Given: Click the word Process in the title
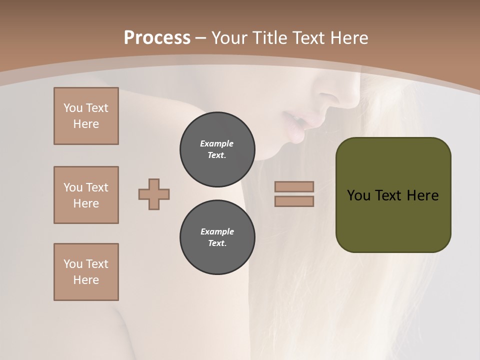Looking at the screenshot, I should click(156, 38).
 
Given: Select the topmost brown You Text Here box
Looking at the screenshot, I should click(86, 116).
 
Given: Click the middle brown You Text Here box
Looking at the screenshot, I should click(86, 195).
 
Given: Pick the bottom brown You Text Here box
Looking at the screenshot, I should click(86, 272).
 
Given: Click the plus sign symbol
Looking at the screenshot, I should click(154, 194).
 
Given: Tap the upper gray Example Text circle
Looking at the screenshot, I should click(217, 149).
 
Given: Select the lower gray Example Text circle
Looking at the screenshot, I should click(217, 237).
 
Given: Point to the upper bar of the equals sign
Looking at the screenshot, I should click(294, 186).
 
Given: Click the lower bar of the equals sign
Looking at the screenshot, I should click(294, 201).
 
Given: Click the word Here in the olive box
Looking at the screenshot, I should click(422, 195).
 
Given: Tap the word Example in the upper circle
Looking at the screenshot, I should click(217, 143).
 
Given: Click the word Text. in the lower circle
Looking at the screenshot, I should click(217, 243).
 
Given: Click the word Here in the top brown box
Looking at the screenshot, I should click(86, 124).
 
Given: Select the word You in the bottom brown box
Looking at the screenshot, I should click(73, 264).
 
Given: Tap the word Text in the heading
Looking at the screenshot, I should click(311, 38).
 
